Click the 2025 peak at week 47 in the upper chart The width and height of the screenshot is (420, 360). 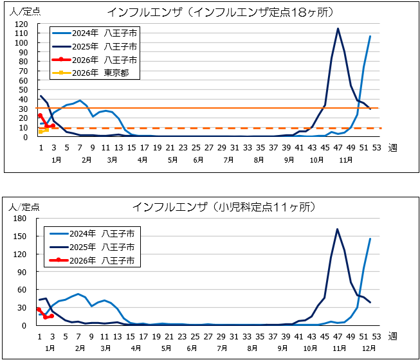click(x=338, y=28)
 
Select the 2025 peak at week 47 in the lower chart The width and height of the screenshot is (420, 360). click(x=337, y=229)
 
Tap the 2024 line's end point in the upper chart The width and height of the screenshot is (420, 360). click(x=370, y=36)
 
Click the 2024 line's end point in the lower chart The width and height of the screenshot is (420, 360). click(x=370, y=239)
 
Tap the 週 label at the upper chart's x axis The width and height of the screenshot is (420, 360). click(x=392, y=147)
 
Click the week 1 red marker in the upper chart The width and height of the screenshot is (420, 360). click(x=40, y=116)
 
